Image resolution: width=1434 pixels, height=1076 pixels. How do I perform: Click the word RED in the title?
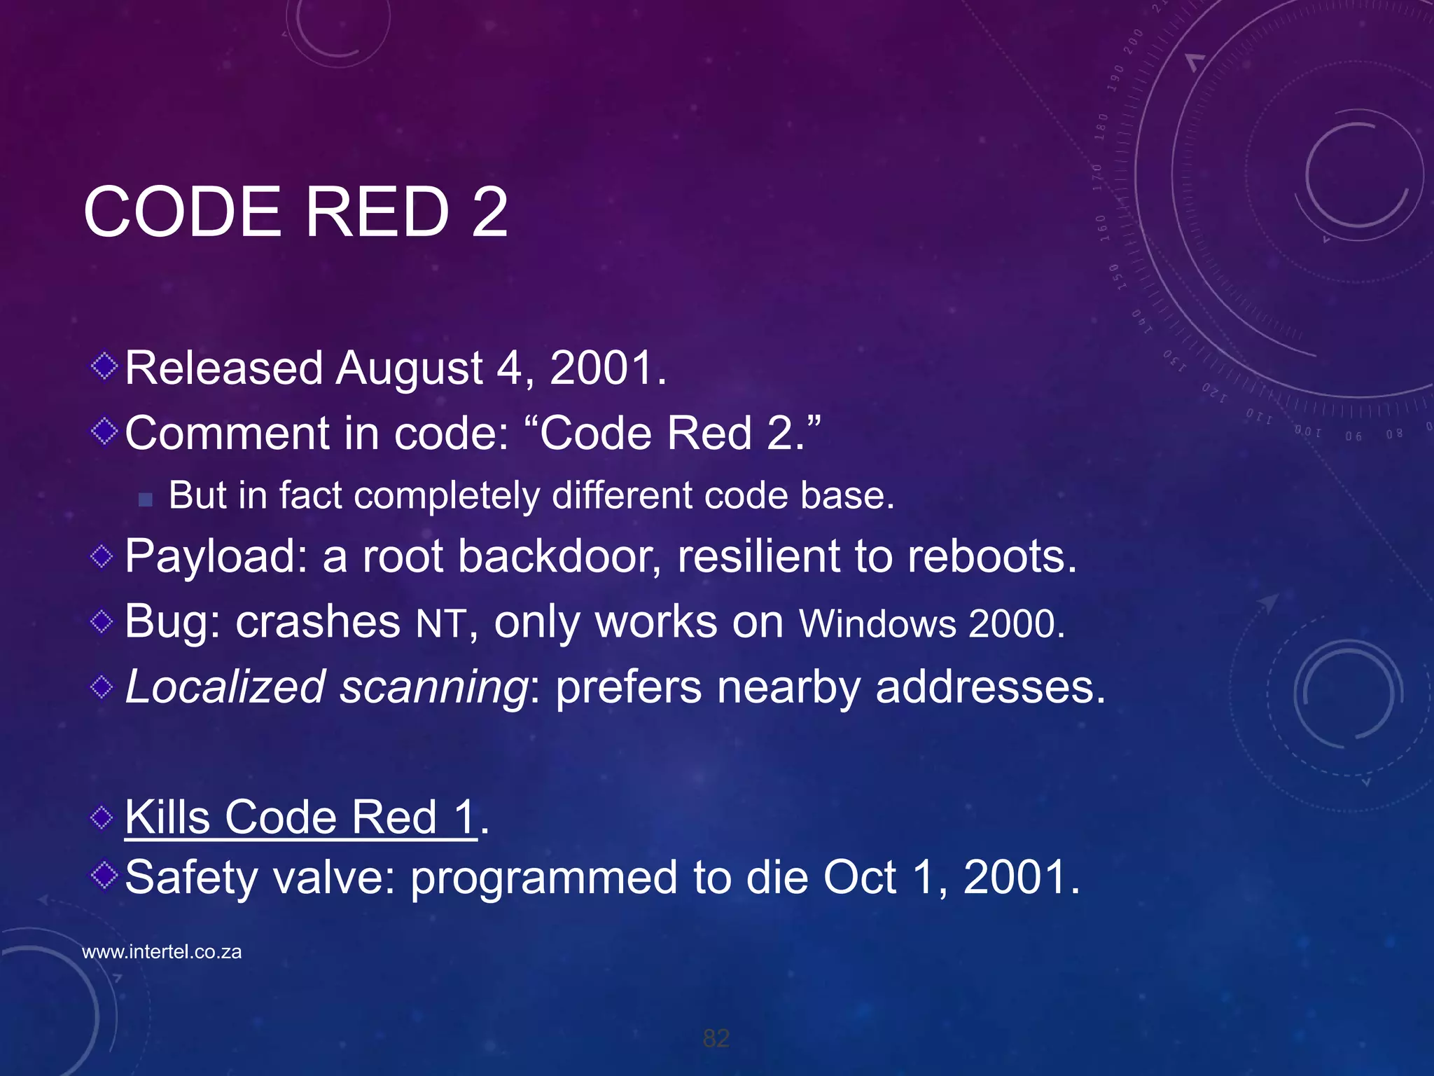point(377,212)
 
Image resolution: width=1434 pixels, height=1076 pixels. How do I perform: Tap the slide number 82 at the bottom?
point(716,1038)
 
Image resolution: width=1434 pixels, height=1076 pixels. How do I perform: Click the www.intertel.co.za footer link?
point(162,952)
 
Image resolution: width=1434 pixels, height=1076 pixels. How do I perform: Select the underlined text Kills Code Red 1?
point(300,817)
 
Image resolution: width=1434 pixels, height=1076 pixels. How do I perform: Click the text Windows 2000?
point(931,623)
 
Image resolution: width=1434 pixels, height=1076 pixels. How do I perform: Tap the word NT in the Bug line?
point(440,623)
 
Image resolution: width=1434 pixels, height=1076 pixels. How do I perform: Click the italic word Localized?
point(225,687)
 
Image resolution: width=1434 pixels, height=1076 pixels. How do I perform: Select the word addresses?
point(990,687)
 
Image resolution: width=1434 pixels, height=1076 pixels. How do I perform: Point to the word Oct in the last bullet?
point(859,878)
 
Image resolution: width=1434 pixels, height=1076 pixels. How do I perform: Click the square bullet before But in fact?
point(146,499)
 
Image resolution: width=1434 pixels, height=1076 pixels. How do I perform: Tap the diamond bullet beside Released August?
point(104,366)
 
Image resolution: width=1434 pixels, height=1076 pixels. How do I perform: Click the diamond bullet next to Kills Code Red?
point(102,817)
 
